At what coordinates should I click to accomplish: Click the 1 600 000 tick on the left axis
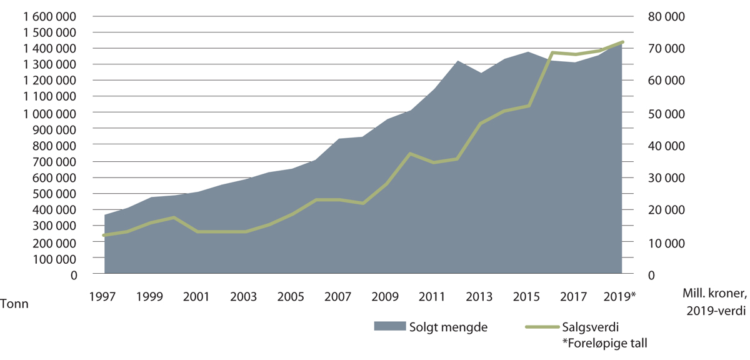tap(49, 16)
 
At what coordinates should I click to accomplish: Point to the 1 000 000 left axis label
tap(49, 113)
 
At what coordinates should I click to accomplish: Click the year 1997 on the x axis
tap(104, 295)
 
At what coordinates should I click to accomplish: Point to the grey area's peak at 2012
tap(458, 61)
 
